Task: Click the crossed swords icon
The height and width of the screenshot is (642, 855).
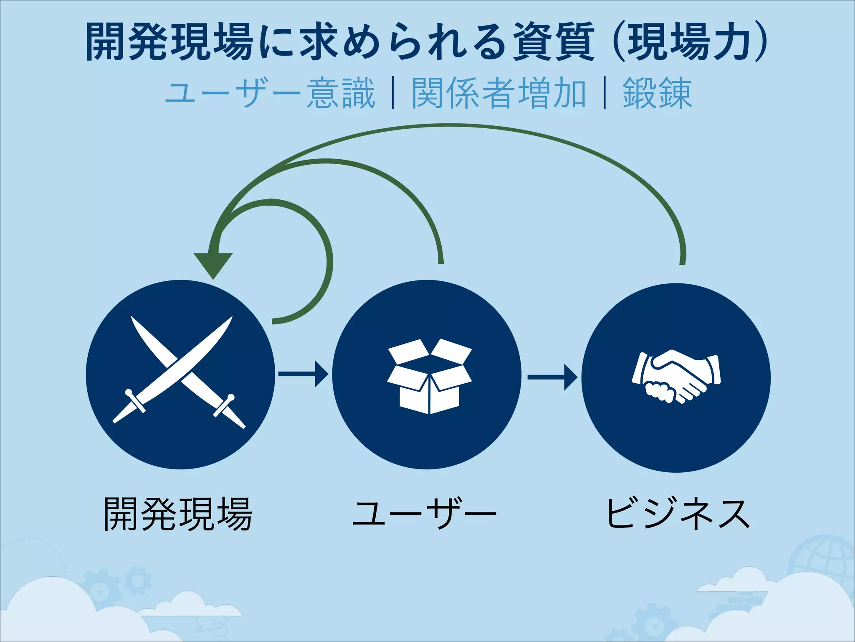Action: [180, 372]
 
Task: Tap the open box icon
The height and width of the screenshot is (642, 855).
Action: [429, 376]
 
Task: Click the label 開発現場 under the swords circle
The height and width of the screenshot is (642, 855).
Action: [178, 514]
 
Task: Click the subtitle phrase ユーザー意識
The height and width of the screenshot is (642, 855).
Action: [270, 94]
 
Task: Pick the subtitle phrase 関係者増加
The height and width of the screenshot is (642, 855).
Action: [499, 94]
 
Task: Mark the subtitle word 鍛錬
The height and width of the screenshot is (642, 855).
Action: [658, 94]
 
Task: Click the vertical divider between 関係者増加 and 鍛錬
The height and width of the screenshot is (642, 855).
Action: [605, 94]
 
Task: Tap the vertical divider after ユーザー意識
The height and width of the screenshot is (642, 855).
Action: [393, 94]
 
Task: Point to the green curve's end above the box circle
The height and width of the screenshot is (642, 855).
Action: [441, 259]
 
